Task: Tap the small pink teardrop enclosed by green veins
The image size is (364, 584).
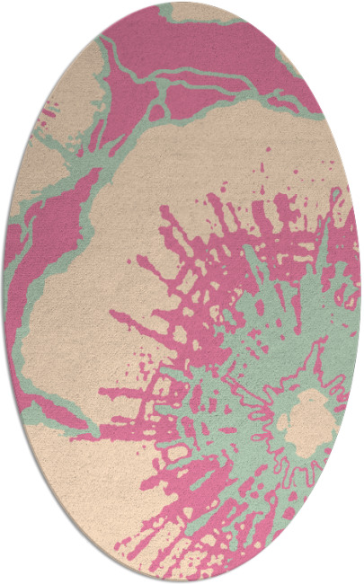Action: [158, 111]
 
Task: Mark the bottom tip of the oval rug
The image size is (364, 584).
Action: [182, 580]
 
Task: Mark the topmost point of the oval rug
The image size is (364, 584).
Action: [182, 4]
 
